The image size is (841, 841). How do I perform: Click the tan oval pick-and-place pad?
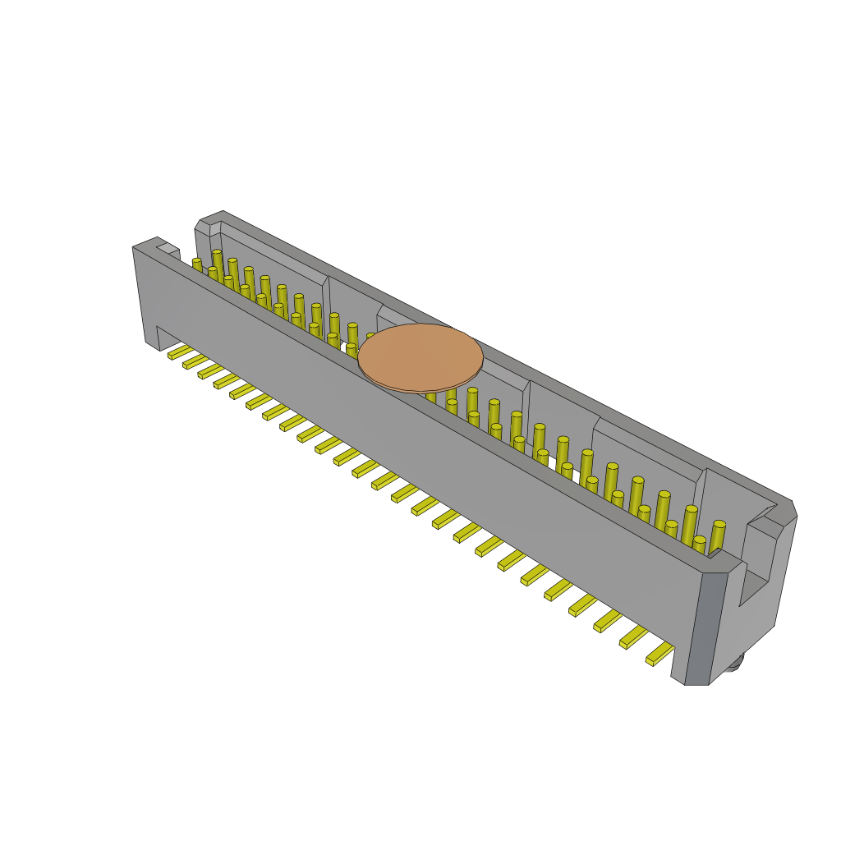[x=420, y=357]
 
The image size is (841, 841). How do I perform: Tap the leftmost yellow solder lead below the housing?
[x=180, y=352]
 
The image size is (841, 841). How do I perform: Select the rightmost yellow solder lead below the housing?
[x=659, y=654]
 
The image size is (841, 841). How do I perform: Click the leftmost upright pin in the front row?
[x=197, y=264]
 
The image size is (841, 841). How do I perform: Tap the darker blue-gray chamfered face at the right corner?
[x=698, y=627]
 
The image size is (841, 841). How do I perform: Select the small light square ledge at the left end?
[x=168, y=248]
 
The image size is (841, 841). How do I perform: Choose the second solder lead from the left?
[x=195, y=361]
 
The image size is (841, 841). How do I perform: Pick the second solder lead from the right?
[x=633, y=636]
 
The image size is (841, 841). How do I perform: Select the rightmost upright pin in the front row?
[x=699, y=544]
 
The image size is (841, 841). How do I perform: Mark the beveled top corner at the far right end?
[x=791, y=508]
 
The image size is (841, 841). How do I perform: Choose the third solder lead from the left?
[x=210, y=371]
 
